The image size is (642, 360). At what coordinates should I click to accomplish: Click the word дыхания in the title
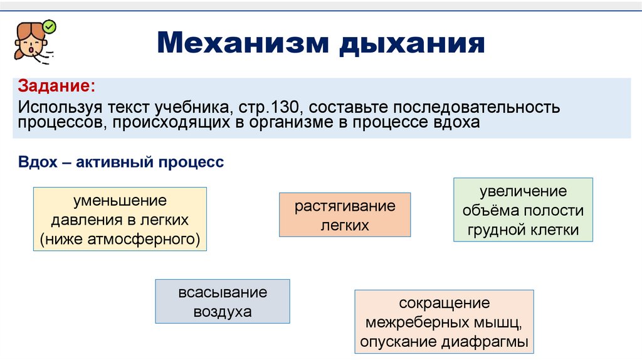click(x=413, y=44)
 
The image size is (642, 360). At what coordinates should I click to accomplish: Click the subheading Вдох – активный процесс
click(x=121, y=162)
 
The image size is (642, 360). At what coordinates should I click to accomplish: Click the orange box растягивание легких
click(x=344, y=214)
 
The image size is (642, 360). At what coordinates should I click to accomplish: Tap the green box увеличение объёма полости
click(x=523, y=209)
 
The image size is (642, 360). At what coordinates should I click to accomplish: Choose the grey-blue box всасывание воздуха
click(x=223, y=301)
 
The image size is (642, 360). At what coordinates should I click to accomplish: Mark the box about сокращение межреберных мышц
click(x=444, y=322)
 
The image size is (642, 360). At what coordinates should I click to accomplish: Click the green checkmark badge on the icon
click(x=50, y=26)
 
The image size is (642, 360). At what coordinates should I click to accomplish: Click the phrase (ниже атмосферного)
click(x=119, y=239)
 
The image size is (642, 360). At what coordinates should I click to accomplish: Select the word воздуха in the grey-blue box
click(x=223, y=312)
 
